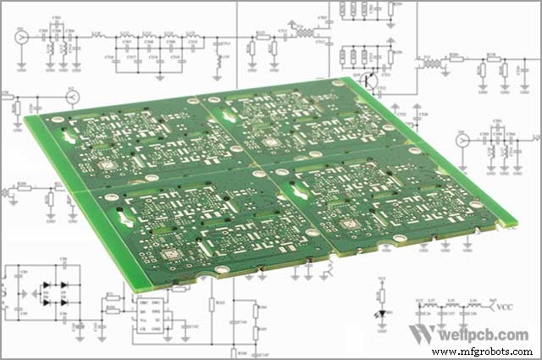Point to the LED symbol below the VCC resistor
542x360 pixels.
(x=383, y=314)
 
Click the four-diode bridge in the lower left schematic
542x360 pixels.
(x=53, y=293)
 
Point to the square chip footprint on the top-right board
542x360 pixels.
(x=270, y=142)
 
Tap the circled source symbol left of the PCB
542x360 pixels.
(x=72, y=98)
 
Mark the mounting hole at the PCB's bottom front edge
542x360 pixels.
(x=222, y=270)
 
